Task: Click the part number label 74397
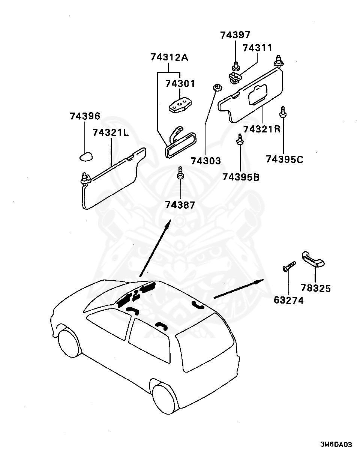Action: point(235,35)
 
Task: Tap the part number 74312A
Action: point(169,57)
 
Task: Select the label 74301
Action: point(180,83)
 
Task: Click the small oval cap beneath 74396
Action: point(86,156)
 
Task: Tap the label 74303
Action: point(206,161)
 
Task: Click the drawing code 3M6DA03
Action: point(336,445)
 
